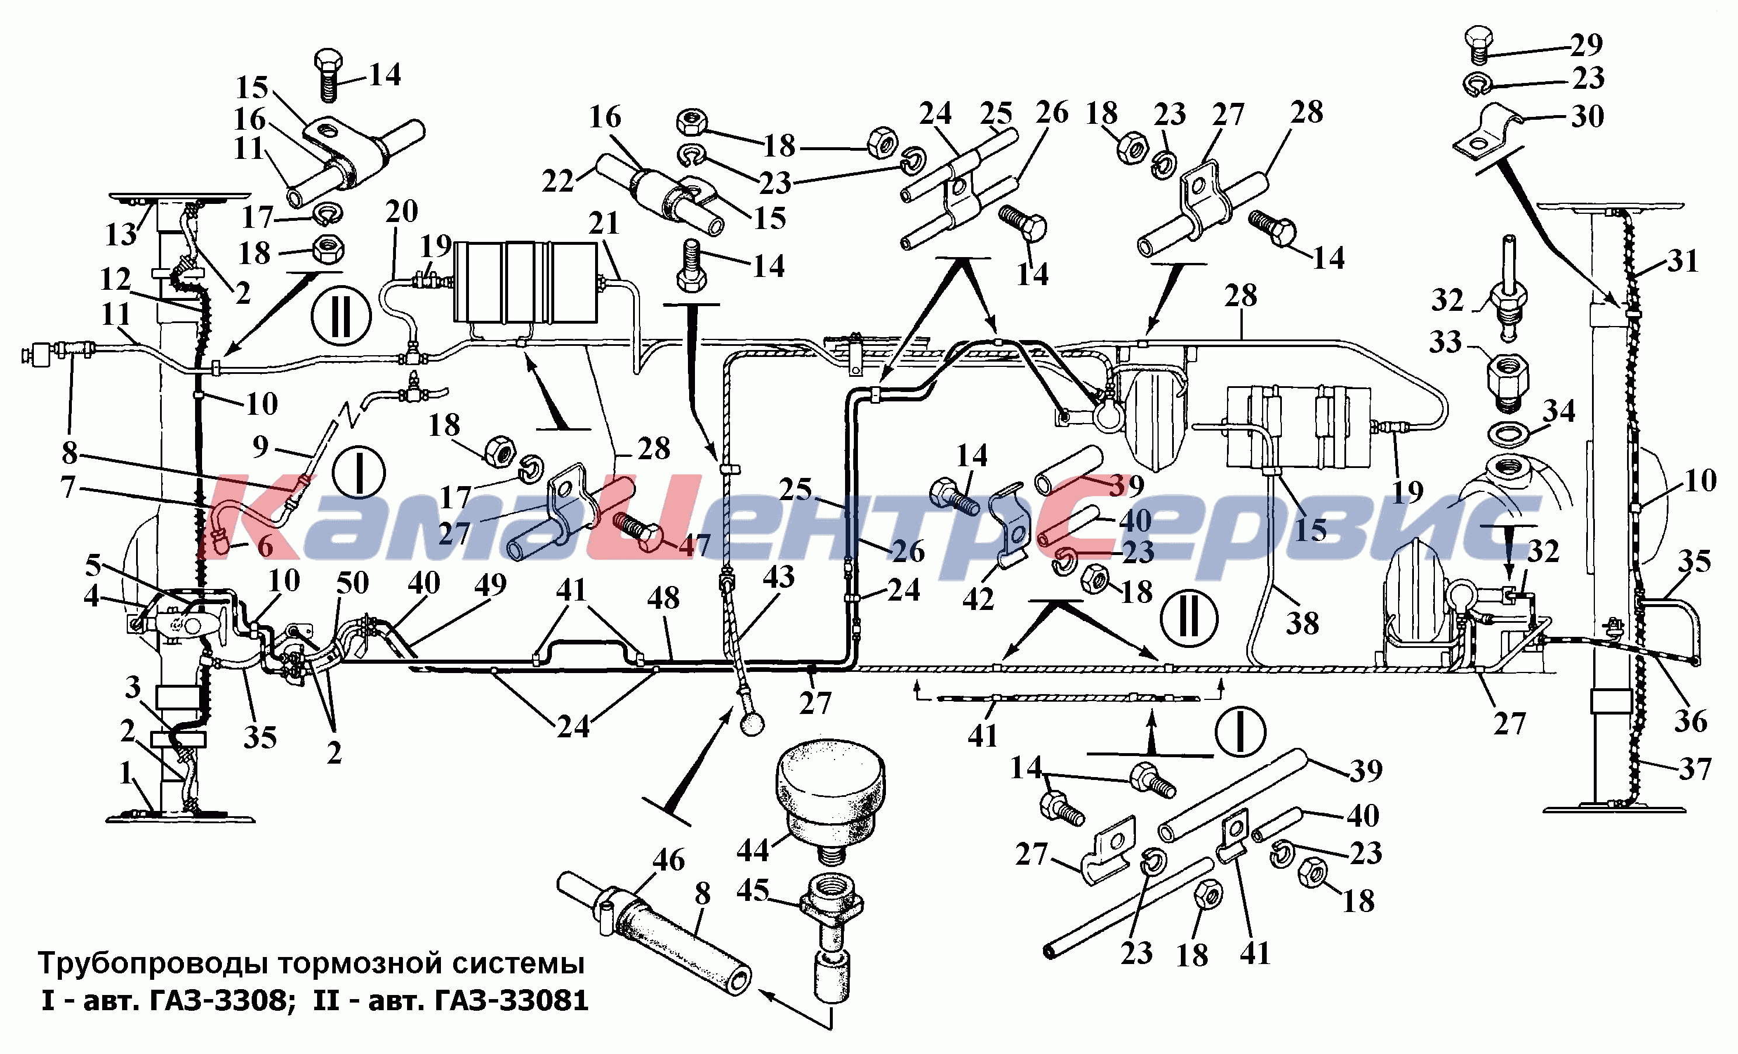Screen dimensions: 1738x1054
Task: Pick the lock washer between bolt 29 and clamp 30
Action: coord(1476,85)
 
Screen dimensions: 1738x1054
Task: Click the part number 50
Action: coord(352,583)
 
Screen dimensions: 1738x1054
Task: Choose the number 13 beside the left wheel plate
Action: coord(121,234)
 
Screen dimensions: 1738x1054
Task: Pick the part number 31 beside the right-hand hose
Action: coord(1683,262)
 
